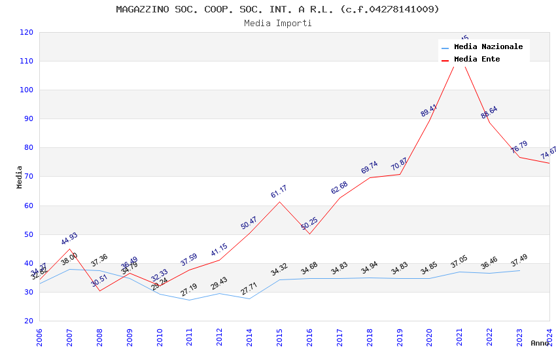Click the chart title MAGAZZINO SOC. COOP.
[x=277, y=9]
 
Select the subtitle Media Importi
[x=277, y=24]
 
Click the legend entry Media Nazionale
[x=488, y=47]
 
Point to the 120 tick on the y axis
[x=27, y=33]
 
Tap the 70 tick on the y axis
[x=29, y=177]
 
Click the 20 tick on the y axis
[x=29, y=321]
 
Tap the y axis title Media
[x=20, y=177]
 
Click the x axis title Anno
[x=540, y=344]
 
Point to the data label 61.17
[x=279, y=192]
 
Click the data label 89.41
[x=429, y=111]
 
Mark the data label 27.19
[x=189, y=290]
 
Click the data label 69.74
[x=370, y=168]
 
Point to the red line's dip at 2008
[x=99, y=291]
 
